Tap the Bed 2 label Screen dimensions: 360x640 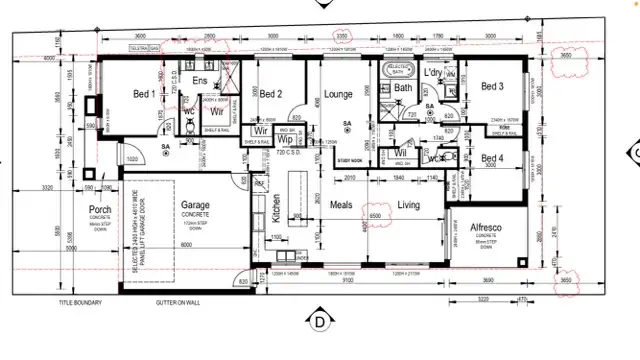point(272,94)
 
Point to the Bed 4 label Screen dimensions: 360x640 point(492,158)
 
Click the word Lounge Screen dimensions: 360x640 point(339,94)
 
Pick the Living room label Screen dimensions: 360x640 point(409,205)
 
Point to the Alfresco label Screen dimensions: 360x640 point(487,228)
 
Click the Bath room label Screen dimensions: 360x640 point(403,88)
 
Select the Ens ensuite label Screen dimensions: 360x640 point(200,79)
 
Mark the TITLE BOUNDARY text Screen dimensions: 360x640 point(81,301)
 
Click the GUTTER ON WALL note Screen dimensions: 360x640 point(177,301)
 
